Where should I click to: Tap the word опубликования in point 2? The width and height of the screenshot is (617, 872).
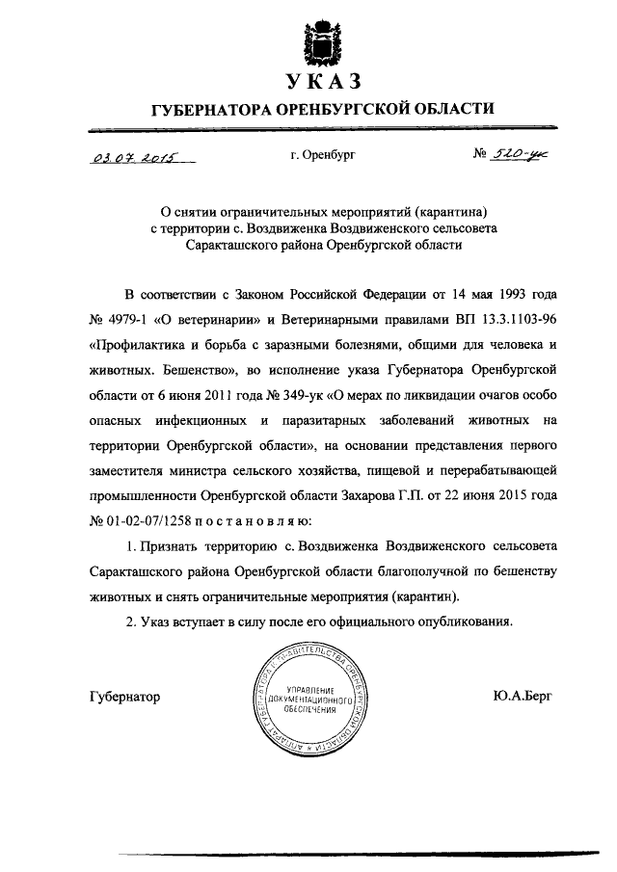[460, 621]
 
